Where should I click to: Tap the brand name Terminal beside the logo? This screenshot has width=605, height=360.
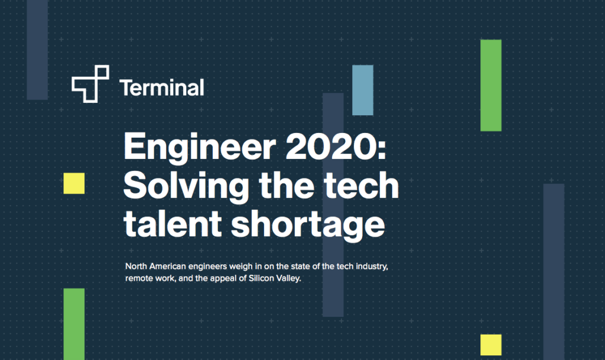tap(162, 87)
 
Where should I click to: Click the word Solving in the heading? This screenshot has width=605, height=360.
tap(186, 186)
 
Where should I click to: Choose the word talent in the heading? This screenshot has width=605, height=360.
tap(173, 223)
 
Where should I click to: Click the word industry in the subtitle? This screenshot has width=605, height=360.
tap(372, 267)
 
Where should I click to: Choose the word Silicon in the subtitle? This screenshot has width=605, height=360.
tap(261, 278)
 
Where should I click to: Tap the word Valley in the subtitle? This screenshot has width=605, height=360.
tap(288, 278)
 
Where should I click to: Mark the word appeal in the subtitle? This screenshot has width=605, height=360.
tap(224, 279)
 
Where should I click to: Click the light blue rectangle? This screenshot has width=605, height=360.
tap(363, 90)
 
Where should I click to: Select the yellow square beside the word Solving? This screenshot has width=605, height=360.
tap(74, 183)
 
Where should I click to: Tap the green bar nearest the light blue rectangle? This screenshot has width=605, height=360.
tap(491, 85)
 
